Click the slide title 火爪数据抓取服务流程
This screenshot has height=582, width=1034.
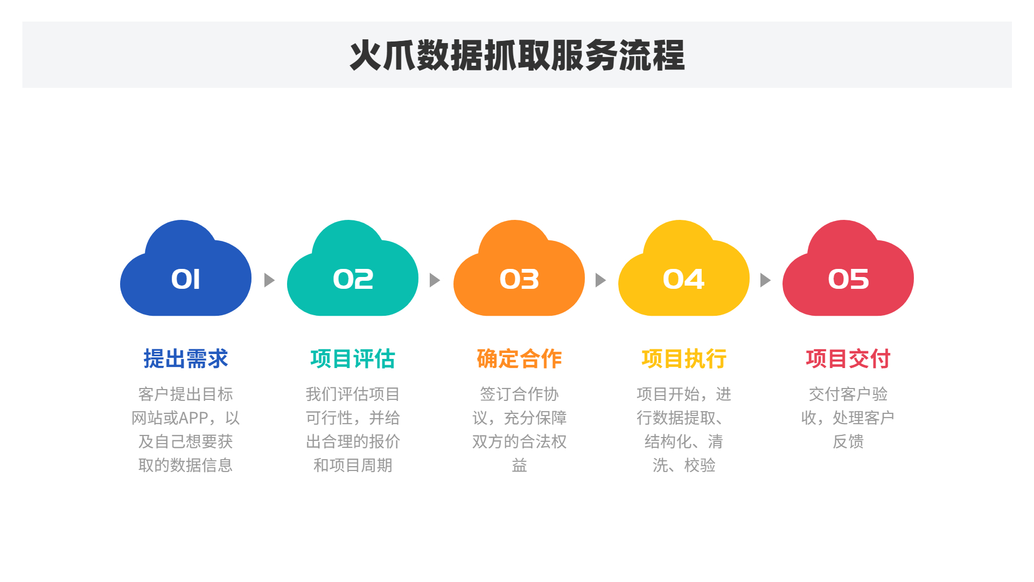coord(517,55)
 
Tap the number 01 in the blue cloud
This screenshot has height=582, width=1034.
coord(186,279)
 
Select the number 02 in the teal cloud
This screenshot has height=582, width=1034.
coord(353,279)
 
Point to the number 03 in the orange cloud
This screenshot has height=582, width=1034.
coord(519,279)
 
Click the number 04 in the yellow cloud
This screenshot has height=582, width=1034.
coord(683,279)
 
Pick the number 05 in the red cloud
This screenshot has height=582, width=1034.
coord(848,279)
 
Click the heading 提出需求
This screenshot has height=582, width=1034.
coord(186,359)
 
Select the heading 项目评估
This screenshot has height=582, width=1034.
coord(353,359)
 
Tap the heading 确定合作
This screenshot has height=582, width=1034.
coord(519,359)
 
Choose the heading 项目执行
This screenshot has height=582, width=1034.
coord(684,359)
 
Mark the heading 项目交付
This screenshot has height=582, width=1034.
coord(848,359)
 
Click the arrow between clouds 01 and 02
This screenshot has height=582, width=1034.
coord(269,280)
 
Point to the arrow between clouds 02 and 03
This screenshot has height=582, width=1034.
coord(435,280)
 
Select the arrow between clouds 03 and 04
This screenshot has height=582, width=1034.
coord(600,280)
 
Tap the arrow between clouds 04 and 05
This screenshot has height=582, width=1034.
coord(765,280)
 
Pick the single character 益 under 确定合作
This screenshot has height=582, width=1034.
coord(519,465)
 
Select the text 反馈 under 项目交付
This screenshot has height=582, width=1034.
coord(848,441)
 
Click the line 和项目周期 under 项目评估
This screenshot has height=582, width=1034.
coord(353,465)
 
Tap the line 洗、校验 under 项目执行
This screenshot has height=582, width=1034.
coord(684,465)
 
